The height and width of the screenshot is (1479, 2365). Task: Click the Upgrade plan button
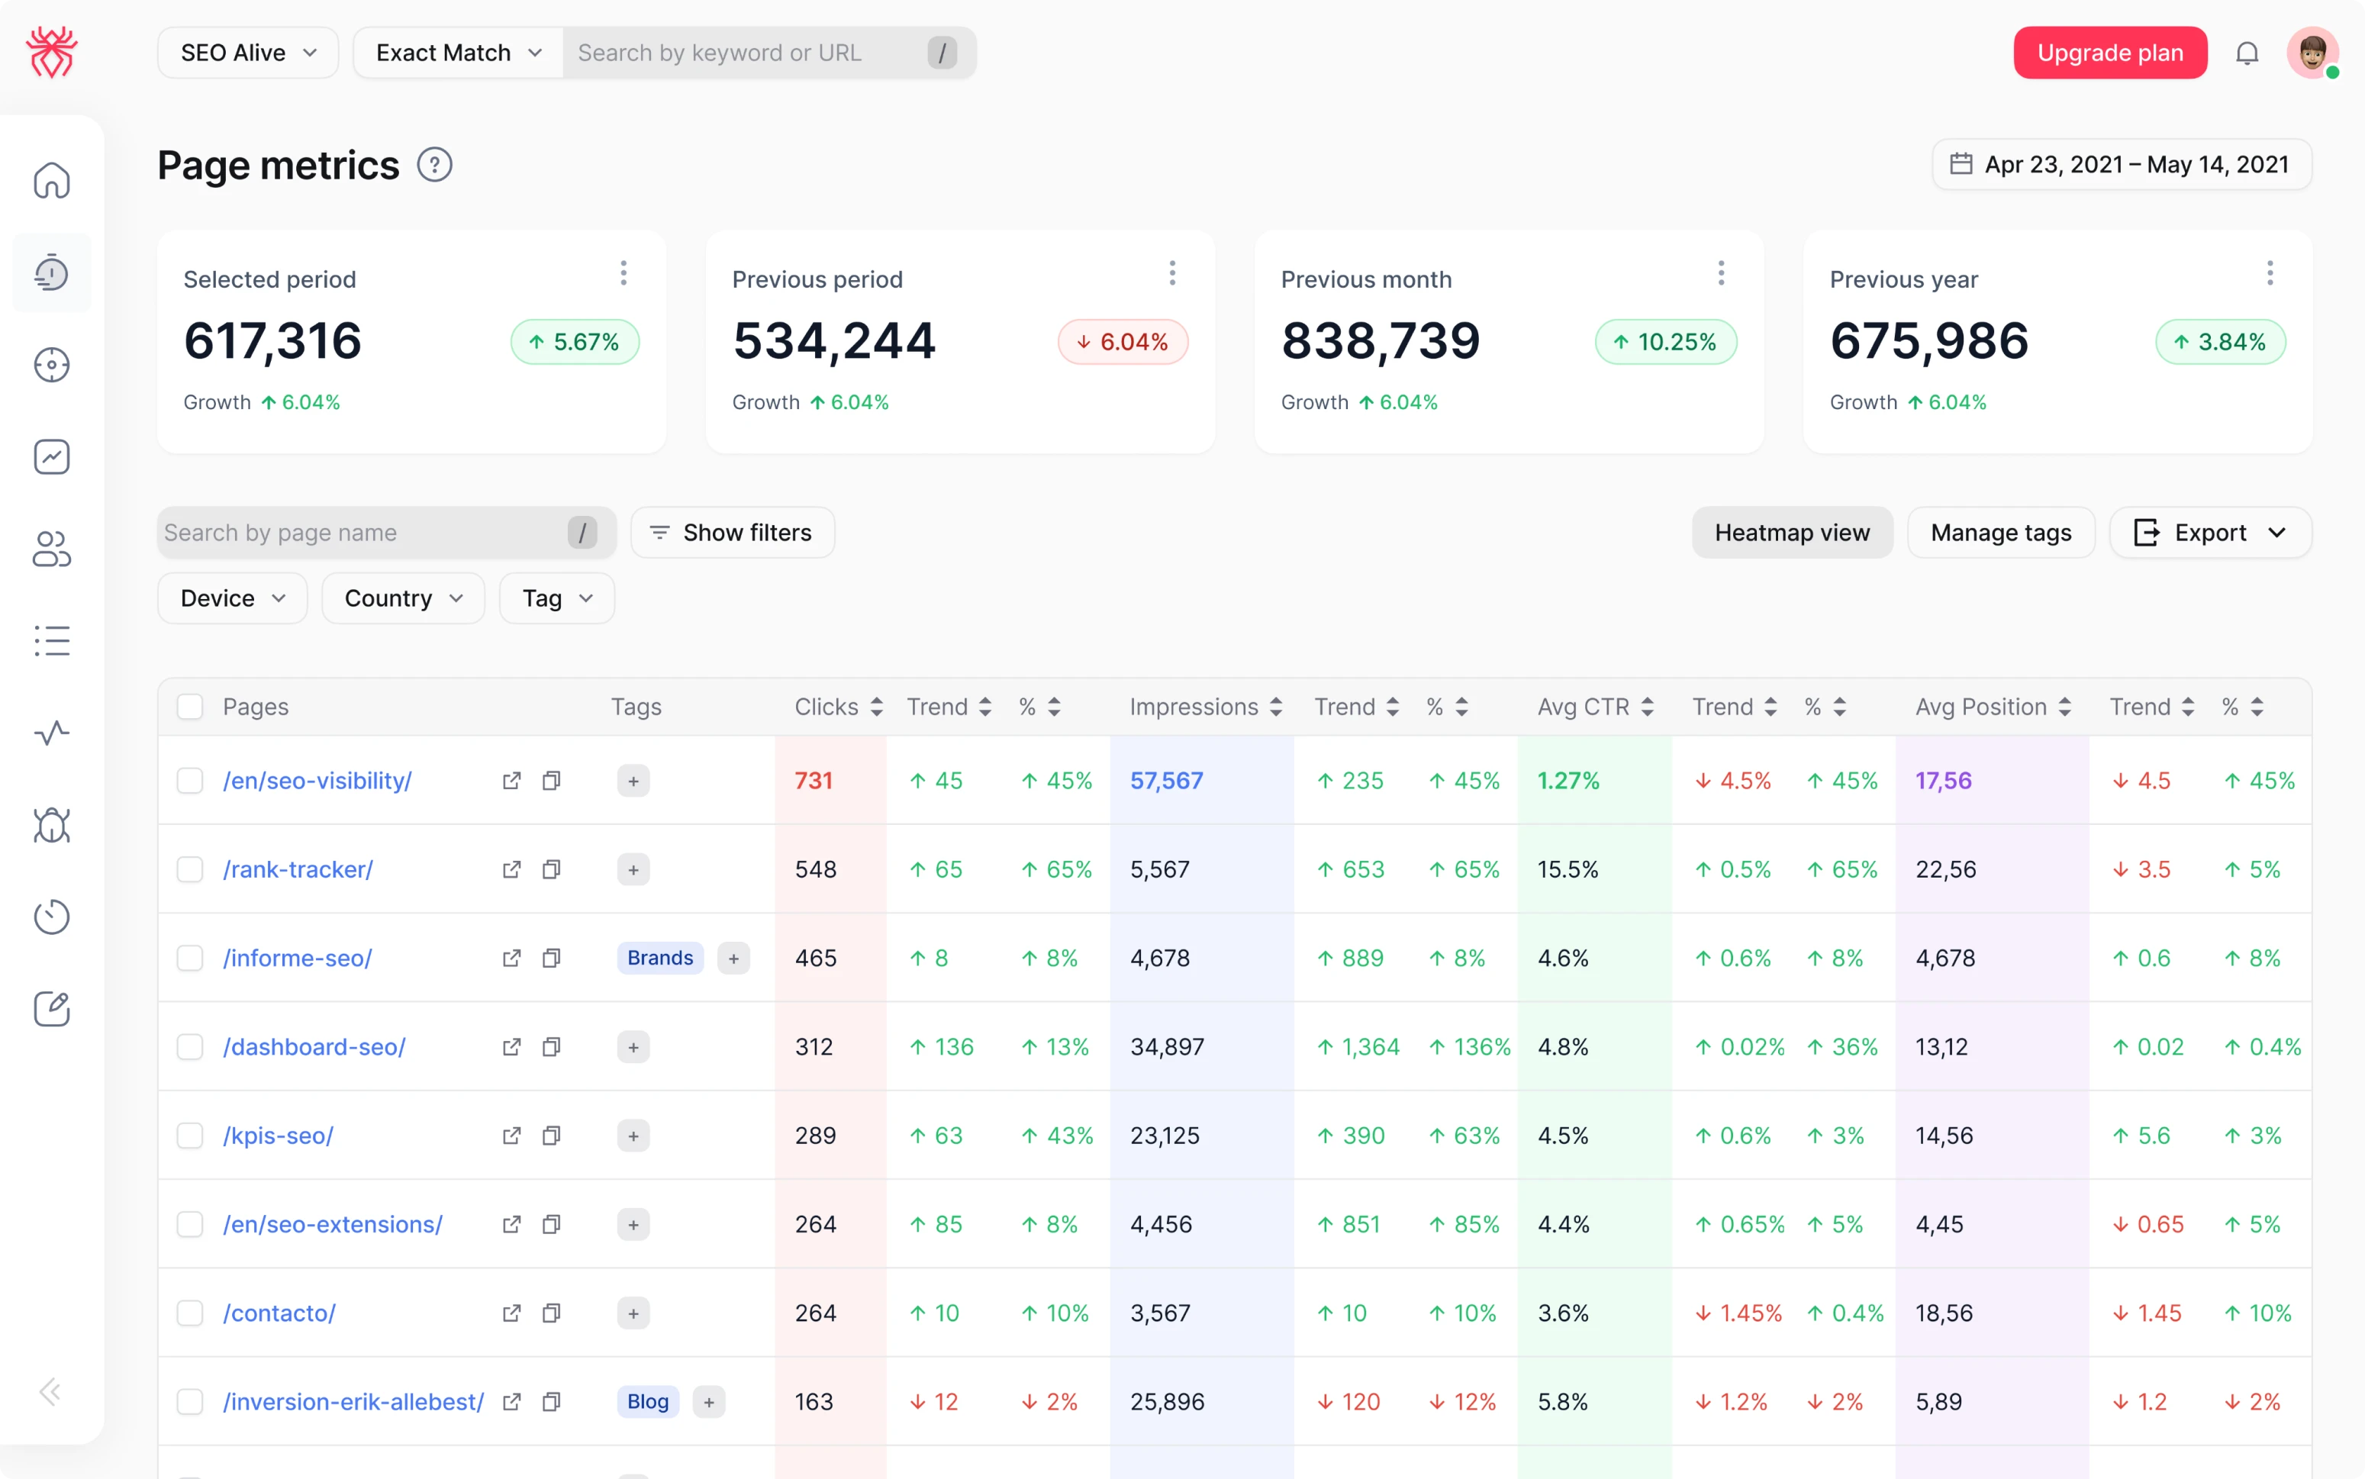click(2109, 53)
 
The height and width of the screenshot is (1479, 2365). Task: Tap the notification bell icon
click(2247, 53)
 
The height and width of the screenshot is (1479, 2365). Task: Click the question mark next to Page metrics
click(434, 164)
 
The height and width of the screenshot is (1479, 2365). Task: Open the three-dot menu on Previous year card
click(2269, 273)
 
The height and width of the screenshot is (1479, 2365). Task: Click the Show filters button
click(732, 532)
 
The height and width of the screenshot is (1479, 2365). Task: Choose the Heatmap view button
click(1791, 532)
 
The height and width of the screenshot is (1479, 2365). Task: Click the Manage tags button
click(2000, 532)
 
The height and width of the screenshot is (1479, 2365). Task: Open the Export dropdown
click(2209, 532)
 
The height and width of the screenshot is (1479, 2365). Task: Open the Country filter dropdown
click(402, 598)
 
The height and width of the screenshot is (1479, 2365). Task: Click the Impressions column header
click(1194, 706)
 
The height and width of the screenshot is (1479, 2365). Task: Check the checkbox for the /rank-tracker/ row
click(190, 869)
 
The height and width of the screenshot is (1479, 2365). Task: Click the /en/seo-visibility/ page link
click(317, 781)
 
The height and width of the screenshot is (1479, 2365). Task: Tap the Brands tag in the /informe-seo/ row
click(659, 958)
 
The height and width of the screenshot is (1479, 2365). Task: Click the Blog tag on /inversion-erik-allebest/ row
click(647, 1402)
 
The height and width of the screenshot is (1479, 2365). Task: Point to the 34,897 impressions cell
click(1167, 1046)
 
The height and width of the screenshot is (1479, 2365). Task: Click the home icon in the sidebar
click(52, 180)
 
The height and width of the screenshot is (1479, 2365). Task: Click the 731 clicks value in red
click(813, 781)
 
